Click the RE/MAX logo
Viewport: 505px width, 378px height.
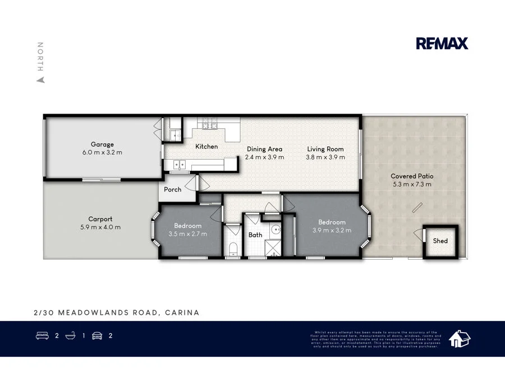click(x=442, y=44)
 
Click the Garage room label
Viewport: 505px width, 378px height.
click(x=102, y=144)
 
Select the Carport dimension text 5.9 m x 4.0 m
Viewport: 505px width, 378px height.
click(x=100, y=227)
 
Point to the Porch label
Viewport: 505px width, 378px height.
click(x=172, y=189)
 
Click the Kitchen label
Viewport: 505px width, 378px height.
click(x=206, y=147)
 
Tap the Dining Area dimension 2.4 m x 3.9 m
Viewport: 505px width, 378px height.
click(x=264, y=157)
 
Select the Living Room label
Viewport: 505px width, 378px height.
click(x=325, y=149)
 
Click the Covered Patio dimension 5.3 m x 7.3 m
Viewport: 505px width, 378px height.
click(x=412, y=184)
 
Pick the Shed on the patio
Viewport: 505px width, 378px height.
click(x=440, y=241)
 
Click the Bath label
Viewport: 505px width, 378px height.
click(x=255, y=235)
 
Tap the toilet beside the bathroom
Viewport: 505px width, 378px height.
click(x=232, y=248)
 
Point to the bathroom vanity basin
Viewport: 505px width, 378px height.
click(x=276, y=229)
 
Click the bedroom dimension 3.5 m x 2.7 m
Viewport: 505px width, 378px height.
click(x=188, y=234)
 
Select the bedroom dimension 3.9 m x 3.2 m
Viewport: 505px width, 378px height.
click(x=332, y=230)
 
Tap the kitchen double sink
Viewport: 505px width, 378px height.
click(x=180, y=165)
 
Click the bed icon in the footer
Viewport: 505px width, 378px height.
click(x=41, y=336)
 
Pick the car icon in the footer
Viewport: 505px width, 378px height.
click(x=97, y=336)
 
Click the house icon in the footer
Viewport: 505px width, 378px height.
click(x=459, y=338)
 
